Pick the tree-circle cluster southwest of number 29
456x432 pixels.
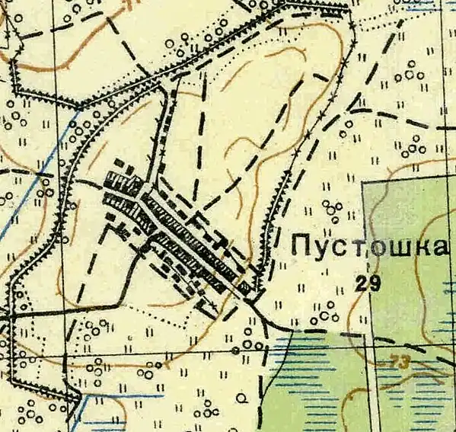[325, 312]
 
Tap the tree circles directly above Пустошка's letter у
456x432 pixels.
[332, 209]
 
